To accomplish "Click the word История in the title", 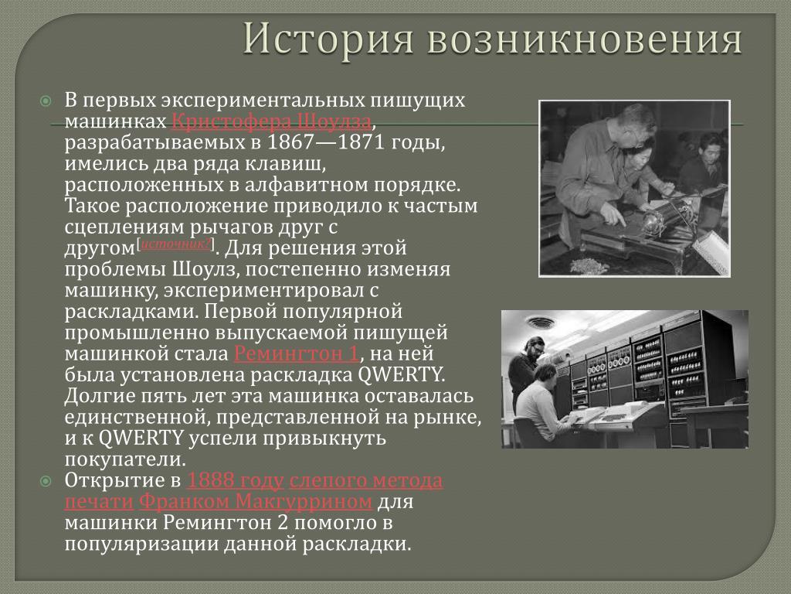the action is [328, 39].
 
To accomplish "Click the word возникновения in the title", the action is [586, 39].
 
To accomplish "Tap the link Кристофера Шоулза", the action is [271, 121].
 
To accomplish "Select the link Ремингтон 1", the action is [296, 353].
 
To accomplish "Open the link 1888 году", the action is [235, 480].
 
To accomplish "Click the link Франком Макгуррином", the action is [256, 501].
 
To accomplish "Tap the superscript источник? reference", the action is [175, 244].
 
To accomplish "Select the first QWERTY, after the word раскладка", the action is [401, 375].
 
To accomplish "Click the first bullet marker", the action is [46, 101].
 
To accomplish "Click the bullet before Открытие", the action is [46, 481].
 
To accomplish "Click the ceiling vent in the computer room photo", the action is [539, 322].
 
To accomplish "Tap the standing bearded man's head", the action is [534, 346].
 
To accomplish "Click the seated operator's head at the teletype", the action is [545, 374].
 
